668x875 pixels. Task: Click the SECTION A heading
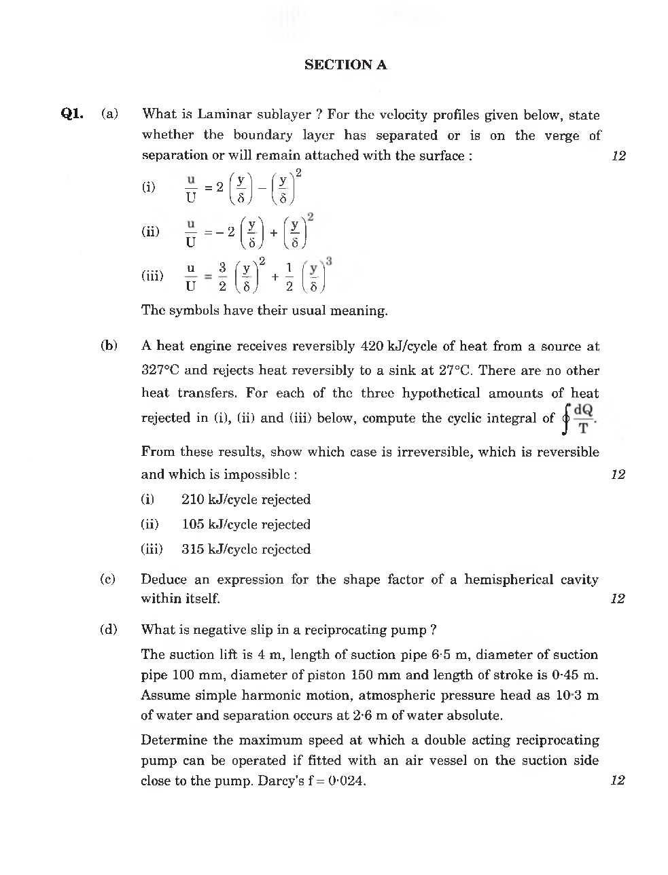tap(345, 65)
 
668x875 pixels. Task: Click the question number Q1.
tap(72, 113)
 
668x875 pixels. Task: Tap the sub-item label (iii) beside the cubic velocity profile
tap(152, 276)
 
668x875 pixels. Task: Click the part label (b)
tap(109, 346)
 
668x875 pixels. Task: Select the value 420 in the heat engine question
tap(372, 346)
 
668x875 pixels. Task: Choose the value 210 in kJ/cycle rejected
tap(192, 499)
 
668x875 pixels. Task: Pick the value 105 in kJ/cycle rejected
tap(192, 524)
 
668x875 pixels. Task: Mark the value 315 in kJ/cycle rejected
tap(192, 549)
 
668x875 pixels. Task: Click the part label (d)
tap(109, 629)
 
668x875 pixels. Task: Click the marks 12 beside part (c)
tap(617, 599)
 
